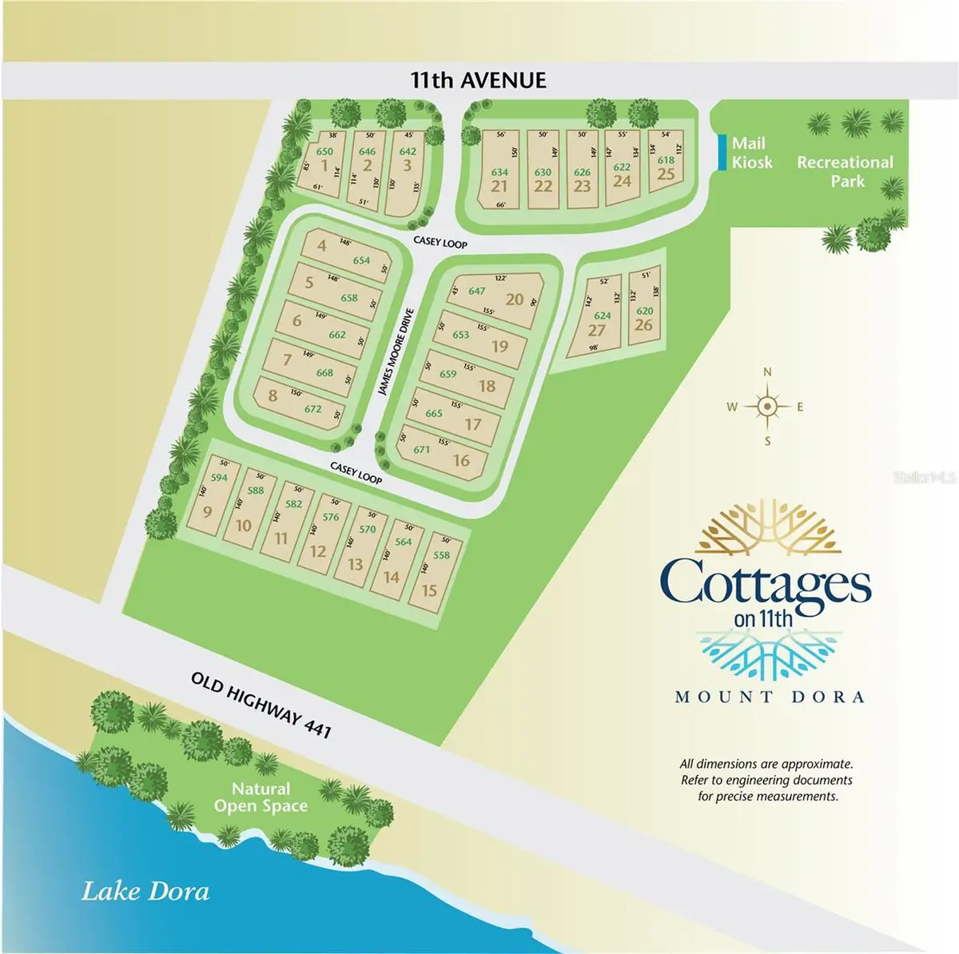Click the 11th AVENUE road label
(x=479, y=80)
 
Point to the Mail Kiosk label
(x=752, y=153)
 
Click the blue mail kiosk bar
(x=723, y=152)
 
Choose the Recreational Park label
(x=845, y=171)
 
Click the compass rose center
(x=767, y=407)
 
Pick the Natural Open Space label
(x=261, y=797)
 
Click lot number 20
(x=514, y=300)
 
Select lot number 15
(x=429, y=590)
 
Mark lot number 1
(x=324, y=166)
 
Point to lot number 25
(x=666, y=174)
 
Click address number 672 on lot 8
(x=312, y=409)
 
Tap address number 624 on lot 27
(x=602, y=316)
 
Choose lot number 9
(x=207, y=511)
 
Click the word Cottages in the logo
(x=766, y=582)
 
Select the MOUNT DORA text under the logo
(x=770, y=697)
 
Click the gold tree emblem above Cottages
(x=766, y=531)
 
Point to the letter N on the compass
(x=768, y=372)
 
